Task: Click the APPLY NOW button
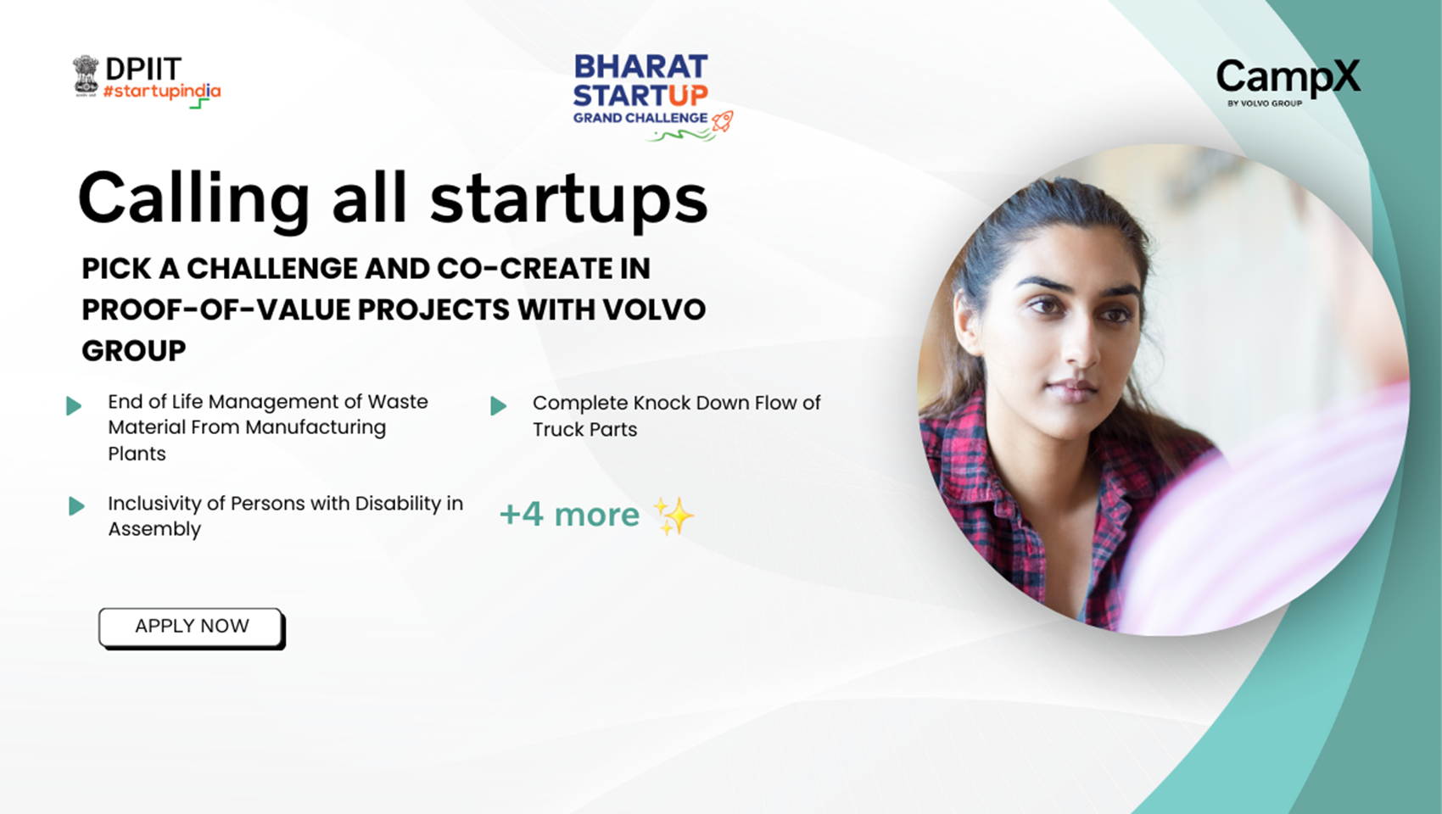pos(191,627)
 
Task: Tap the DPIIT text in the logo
pos(143,69)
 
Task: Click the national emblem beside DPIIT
pos(86,76)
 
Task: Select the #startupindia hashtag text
pos(162,92)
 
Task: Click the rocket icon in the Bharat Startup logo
pos(723,121)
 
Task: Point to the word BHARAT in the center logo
pos(640,67)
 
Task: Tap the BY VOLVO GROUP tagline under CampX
pos(1265,103)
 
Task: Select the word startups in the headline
pos(569,199)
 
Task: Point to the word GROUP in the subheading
pos(134,351)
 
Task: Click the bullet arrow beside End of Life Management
pos(74,405)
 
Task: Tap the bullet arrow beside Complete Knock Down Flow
pos(498,405)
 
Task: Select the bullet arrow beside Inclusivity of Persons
pos(76,505)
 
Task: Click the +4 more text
pos(570,515)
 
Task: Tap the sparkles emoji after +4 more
pos(673,516)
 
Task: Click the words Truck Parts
pos(584,429)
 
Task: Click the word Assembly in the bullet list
pos(154,530)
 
